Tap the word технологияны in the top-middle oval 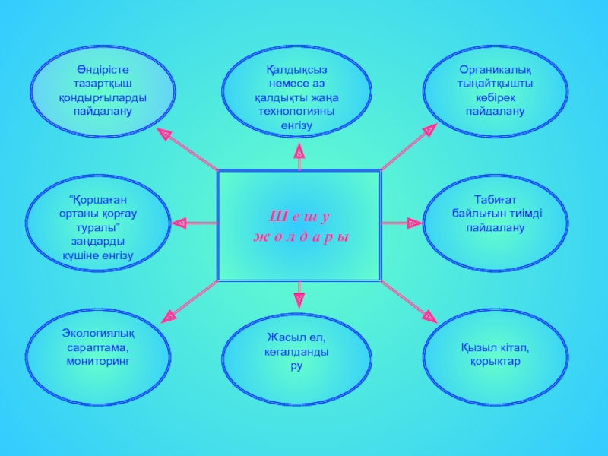298,111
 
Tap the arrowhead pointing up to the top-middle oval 299,153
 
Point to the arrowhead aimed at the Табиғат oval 413,223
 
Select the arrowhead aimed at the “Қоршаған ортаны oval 179,223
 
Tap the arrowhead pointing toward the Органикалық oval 429,131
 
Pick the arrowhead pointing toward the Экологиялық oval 169,312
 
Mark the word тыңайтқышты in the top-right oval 495,84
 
